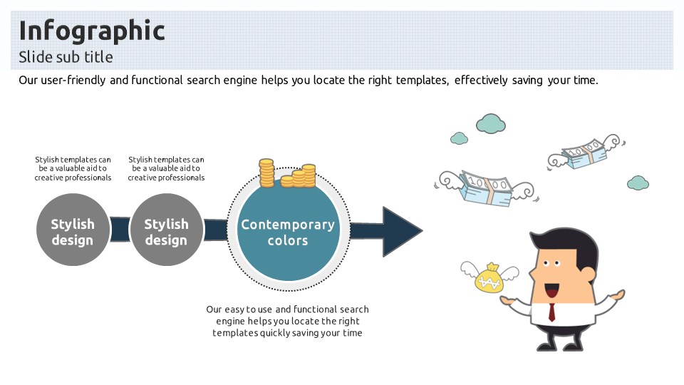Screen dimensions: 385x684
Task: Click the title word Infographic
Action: [91, 31]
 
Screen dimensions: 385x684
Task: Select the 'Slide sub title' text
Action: [66, 57]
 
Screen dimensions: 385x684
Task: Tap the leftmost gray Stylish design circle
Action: [73, 232]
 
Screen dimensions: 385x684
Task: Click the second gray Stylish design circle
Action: [166, 232]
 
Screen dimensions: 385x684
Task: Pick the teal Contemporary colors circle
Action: [288, 232]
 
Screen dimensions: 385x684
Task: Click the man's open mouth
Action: [551, 291]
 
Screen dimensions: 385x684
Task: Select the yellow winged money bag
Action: [490, 278]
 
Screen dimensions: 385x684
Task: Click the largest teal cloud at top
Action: [490, 123]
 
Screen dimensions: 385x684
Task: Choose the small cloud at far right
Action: [638, 183]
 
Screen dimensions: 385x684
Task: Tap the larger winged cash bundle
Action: [486, 188]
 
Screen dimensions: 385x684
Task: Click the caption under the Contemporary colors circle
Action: [288, 321]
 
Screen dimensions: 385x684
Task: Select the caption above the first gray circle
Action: [73, 168]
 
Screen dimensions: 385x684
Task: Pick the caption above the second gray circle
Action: [166, 168]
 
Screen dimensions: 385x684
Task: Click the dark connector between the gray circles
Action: [120, 230]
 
